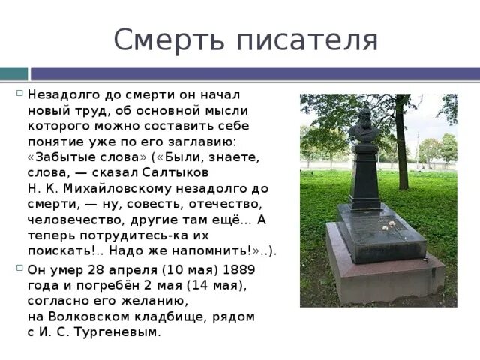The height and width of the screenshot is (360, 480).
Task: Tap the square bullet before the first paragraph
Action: pyautogui.click(x=19, y=94)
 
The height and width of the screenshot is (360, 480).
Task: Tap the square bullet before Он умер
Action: pyautogui.click(x=19, y=268)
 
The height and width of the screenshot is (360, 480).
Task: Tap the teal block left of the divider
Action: pyautogui.click(x=13, y=73)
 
